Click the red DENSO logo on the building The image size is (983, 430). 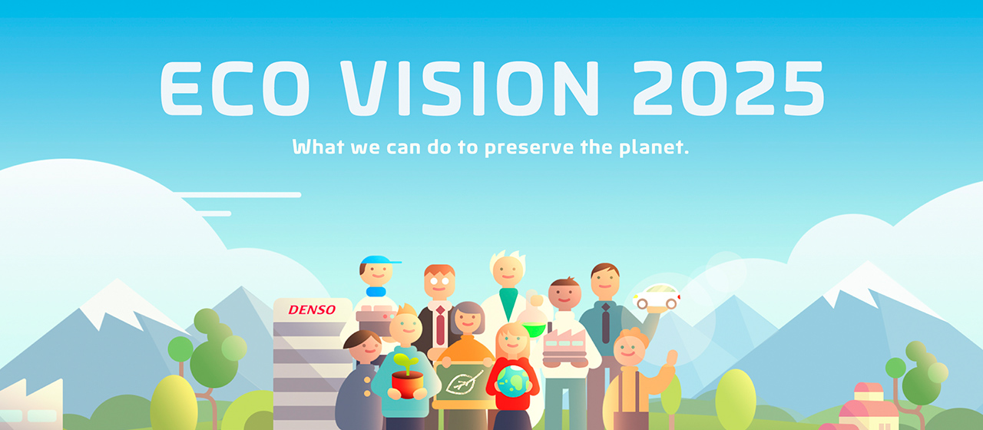[x=312, y=310]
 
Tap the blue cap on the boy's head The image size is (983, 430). [x=379, y=260]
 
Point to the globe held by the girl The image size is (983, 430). [x=513, y=380]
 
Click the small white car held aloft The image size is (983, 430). [x=657, y=296]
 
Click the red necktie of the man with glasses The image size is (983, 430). [x=440, y=326]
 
